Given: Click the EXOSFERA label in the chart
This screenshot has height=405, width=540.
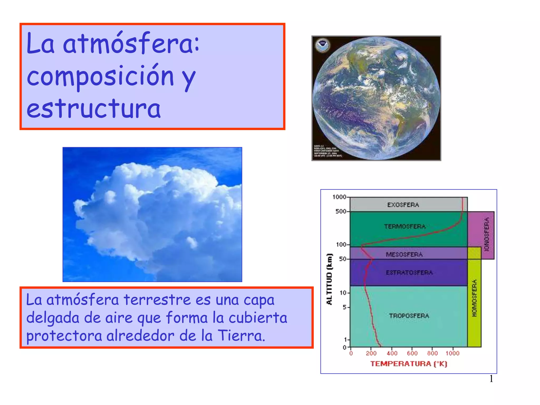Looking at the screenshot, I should coord(403,205).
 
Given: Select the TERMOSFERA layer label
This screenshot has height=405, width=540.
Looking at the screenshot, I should coord(405,226).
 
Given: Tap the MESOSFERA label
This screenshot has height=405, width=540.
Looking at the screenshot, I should coord(404,254).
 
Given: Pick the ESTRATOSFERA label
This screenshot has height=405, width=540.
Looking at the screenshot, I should coord(409,273).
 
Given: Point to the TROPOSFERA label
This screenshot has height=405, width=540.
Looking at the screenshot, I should coord(409,316).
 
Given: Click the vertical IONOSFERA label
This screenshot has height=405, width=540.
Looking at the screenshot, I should coord(487,234).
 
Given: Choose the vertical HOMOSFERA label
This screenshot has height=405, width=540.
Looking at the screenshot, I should coord(474,298).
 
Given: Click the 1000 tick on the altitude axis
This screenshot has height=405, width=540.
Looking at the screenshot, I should coord(339,197).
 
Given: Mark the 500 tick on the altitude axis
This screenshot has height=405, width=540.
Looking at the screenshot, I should coord(341,211).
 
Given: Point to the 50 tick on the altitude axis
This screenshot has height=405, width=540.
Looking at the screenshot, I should coord(343,259).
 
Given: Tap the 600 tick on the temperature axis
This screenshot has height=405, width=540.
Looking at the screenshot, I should coord(412,353).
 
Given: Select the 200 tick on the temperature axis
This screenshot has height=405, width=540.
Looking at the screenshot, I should coord(371,353).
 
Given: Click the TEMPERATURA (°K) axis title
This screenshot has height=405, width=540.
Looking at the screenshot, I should coord(409,364).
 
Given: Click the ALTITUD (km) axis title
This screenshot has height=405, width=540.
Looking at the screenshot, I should coord(329,279).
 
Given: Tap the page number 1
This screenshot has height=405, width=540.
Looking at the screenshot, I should coord(491,379).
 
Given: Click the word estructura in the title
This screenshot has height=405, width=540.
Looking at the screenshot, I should coord(94,109).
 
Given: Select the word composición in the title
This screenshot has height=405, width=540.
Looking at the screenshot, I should coord(100,76).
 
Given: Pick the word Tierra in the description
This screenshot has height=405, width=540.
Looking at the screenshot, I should coord(241,336).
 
